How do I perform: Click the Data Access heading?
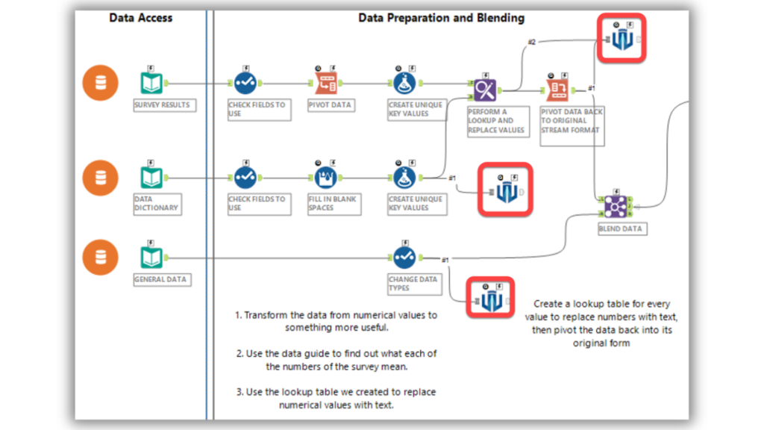tap(141, 18)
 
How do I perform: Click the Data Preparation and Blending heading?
tap(441, 18)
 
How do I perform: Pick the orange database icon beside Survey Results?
tap(100, 83)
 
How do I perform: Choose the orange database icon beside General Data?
tap(100, 258)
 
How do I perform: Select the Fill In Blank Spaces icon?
tap(324, 178)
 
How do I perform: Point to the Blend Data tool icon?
tap(616, 205)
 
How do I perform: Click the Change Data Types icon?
tap(404, 258)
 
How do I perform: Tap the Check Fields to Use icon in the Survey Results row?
tap(245, 83)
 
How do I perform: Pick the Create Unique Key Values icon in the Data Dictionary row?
tap(404, 178)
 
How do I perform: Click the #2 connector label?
tap(531, 42)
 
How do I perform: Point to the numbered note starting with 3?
tap(336, 398)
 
